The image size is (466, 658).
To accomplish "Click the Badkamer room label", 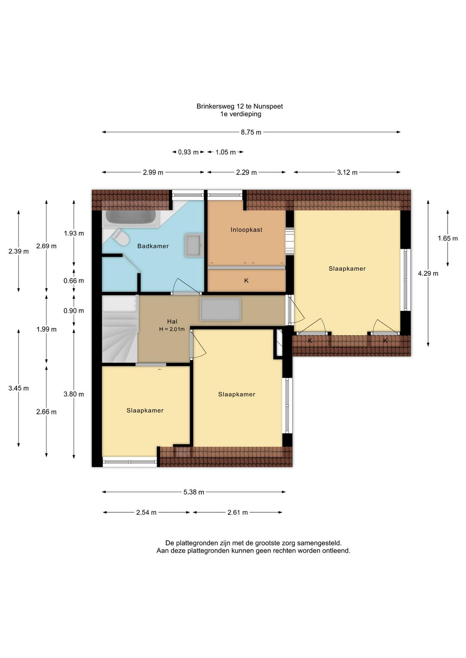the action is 153,246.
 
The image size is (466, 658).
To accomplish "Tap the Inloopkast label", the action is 246,230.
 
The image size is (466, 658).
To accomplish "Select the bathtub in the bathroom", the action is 131,218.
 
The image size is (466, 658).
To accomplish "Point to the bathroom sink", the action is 194,246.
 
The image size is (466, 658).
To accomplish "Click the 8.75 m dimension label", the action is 251,132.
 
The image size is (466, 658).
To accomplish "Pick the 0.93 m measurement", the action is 189,152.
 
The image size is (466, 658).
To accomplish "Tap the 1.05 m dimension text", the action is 226,152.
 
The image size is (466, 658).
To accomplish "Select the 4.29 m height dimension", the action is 428,273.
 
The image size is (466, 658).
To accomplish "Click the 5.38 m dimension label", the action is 194,492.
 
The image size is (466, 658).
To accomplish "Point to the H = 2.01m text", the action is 172,329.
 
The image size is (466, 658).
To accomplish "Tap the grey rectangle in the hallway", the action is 220,310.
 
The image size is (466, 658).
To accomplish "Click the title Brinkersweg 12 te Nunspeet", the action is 239,107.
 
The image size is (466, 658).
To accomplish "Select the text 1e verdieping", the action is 241,114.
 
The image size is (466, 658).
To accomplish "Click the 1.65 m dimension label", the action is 448,238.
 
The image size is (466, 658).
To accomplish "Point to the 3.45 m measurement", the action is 19,389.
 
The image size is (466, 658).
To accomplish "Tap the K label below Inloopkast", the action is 246,281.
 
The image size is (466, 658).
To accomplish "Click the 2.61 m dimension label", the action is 238,513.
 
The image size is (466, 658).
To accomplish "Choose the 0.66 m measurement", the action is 74,281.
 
